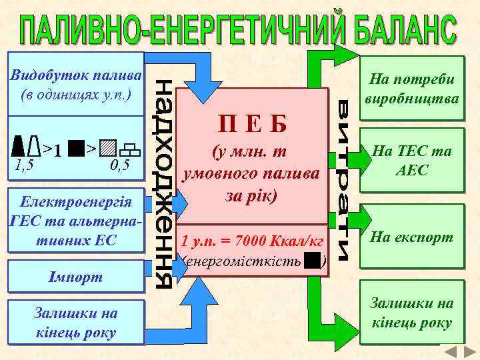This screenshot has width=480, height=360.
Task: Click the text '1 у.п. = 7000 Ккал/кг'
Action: coord(253,240)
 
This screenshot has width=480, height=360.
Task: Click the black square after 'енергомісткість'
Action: coord(311,261)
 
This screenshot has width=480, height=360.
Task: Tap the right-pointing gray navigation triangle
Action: coord(467,353)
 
